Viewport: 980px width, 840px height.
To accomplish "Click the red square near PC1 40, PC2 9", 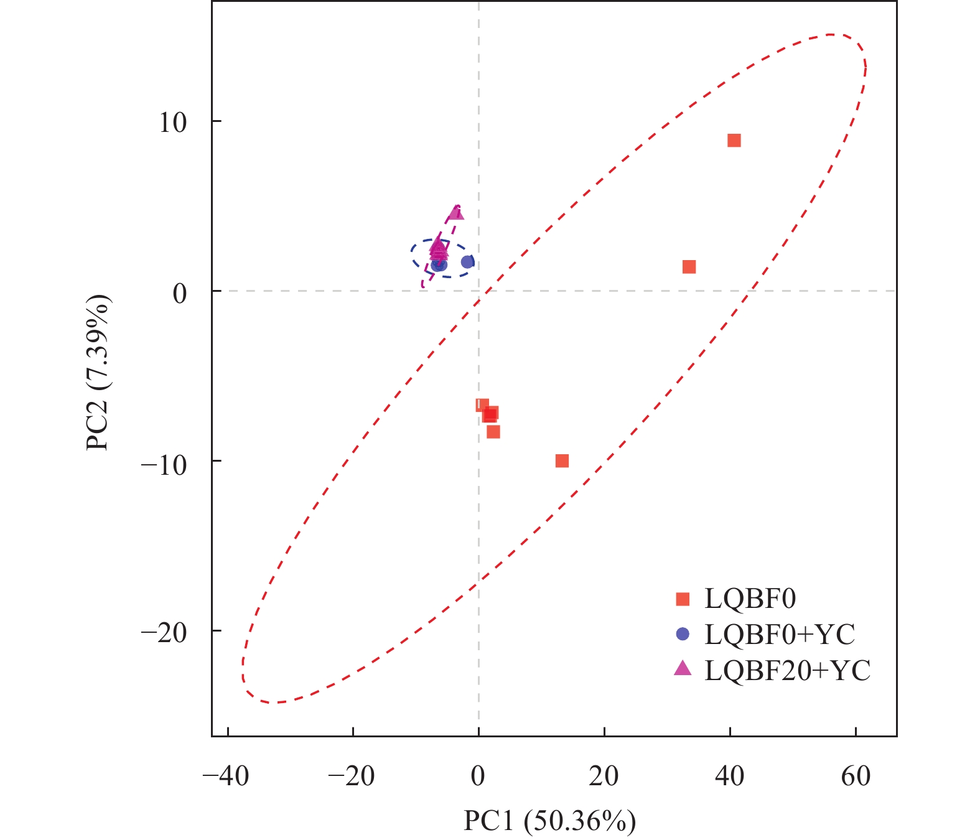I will point(734,141).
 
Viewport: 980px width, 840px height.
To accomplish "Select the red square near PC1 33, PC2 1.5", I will point(689,267).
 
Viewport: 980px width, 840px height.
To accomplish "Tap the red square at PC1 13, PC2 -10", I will point(562,461).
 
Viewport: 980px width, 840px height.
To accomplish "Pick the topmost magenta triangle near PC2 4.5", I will point(456,213).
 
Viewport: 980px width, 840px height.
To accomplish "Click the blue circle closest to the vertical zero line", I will point(467,262).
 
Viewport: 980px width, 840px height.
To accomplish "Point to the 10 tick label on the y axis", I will point(172,123).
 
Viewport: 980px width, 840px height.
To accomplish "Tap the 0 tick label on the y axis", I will point(180,292).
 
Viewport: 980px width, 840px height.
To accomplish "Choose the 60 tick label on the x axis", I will point(856,776).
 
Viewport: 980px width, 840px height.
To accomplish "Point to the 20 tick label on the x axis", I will point(604,776).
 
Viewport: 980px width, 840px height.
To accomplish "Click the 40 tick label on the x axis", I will point(730,776).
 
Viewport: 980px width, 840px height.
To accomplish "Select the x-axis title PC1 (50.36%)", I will point(549,821).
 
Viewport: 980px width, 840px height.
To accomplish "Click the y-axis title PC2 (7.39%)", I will point(98,373).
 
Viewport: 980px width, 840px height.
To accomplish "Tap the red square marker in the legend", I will point(683,599).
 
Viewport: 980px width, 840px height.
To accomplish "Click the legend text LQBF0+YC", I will point(780,635).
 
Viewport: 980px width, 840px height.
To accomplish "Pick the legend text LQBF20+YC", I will point(787,670).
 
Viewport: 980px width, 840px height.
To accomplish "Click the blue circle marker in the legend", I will point(683,634).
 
